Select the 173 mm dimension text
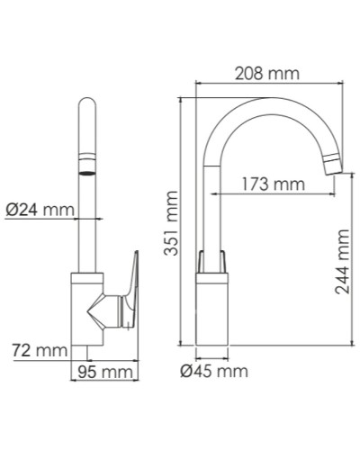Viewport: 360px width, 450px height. [273, 184]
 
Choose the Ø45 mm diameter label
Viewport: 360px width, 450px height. [213, 370]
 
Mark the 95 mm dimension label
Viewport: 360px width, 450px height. [103, 371]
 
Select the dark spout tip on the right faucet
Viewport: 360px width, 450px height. [331, 164]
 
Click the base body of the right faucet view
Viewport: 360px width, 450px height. [213, 310]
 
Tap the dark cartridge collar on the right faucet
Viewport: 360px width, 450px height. [213, 261]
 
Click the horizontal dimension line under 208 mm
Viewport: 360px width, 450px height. [270, 85]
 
